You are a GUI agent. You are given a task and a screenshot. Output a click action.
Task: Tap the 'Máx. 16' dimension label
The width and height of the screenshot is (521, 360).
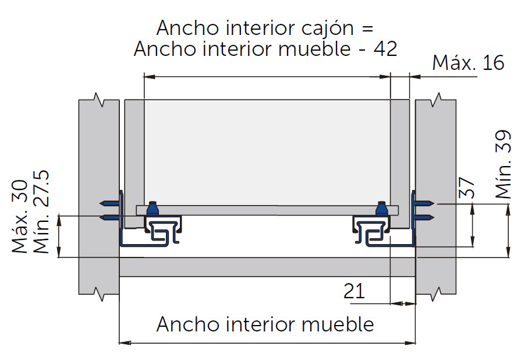(468, 63)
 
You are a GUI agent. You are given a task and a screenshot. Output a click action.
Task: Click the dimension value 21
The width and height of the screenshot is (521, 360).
(354, 291)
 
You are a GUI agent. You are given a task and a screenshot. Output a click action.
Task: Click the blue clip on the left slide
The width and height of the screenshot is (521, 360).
(153, 208)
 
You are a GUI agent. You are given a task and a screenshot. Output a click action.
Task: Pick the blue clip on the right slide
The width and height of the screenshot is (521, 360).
(382, 208)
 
